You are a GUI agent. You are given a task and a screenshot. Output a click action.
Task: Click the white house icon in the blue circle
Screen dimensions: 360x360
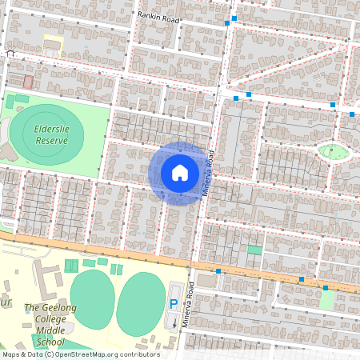tap(179, 173)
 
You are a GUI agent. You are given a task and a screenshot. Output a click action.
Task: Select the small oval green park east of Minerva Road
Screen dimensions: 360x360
tap(334, 151)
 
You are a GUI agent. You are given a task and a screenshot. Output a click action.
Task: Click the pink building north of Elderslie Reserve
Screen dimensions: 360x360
tap(28, 82)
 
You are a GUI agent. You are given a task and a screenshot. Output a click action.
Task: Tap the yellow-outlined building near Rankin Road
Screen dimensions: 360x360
tap(52, 45)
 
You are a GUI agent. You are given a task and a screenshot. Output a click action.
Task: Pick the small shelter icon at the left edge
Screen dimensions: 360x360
tap(10, 54)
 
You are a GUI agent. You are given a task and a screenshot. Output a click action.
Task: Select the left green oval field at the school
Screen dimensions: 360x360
tap(92, 299)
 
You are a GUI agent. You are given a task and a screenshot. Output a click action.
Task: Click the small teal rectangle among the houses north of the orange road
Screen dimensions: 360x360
tap(254, 250)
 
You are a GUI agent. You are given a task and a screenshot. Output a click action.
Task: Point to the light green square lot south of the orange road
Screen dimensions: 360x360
tap(327, 300)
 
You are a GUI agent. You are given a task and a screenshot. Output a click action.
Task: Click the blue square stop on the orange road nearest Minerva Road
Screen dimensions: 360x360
tap(218, 271)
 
